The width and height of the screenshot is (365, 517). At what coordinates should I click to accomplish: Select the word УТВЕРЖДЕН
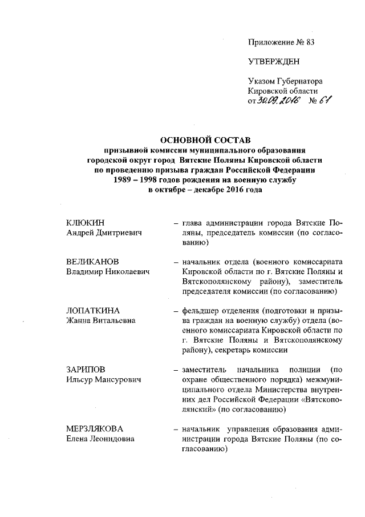(273, 61)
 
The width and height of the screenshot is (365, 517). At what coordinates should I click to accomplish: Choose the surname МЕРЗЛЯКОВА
(95, 429)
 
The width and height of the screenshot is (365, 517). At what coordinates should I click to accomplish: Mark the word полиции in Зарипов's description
(298, 370)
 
